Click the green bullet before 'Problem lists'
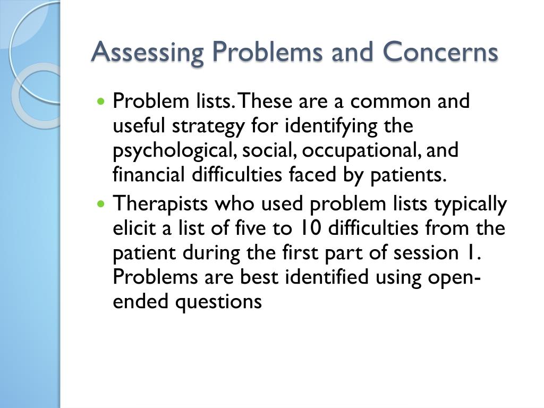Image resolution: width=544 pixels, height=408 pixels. tap(103, 100)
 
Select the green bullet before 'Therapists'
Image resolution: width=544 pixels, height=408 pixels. tap(103, 203)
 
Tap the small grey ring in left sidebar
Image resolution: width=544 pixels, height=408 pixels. tap(37, 96)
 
